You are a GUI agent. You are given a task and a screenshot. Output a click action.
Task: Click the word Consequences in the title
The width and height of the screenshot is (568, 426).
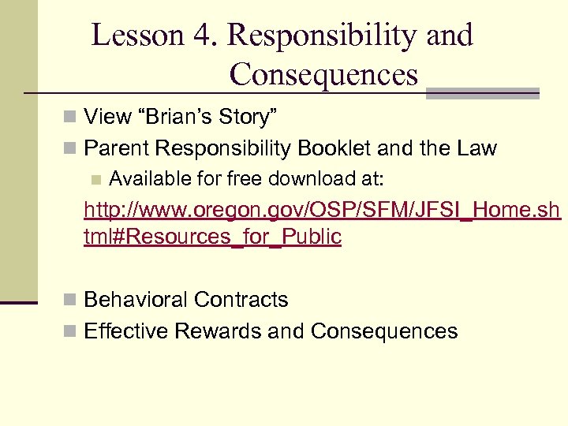point(323,75)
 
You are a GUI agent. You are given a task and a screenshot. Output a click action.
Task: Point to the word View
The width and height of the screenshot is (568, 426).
point(108,118)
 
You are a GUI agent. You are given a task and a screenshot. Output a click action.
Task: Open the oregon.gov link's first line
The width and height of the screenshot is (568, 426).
point(322,211)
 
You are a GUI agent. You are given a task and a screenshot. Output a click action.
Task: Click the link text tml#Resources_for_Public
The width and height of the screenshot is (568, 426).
point(212,237)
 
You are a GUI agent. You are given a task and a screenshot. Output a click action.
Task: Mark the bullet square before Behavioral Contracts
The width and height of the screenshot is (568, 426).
point(71,301)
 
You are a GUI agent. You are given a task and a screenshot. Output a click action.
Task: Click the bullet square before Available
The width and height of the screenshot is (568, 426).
point(96,180)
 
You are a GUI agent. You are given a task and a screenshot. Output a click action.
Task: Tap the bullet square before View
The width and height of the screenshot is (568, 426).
point(71,118)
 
